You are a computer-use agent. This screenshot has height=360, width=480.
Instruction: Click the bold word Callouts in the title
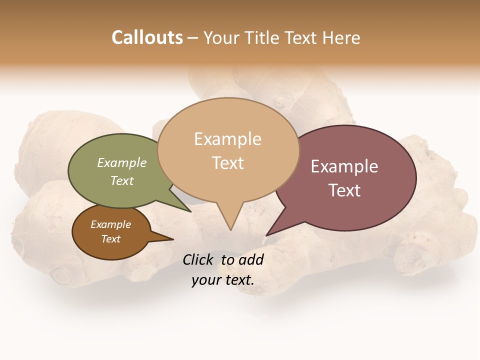(147, 37)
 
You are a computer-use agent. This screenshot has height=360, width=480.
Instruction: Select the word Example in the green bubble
(122, 162)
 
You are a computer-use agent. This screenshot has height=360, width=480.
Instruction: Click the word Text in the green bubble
(122, 180)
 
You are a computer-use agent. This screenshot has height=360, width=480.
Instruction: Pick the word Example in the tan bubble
(227, 139)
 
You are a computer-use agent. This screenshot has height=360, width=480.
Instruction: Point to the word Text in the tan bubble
(228, 163)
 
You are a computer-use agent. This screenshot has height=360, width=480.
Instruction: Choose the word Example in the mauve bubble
(344, 166)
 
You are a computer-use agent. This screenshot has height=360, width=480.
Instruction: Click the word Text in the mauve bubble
(344, 190)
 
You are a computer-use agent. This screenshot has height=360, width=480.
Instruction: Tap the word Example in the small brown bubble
(111, 224)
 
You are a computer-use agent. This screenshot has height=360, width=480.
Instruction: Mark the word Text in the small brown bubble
(111, 239)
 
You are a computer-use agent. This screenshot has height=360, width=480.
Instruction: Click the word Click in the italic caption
(198, 259)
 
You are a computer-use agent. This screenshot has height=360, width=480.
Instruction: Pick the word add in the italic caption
(251, 259)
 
